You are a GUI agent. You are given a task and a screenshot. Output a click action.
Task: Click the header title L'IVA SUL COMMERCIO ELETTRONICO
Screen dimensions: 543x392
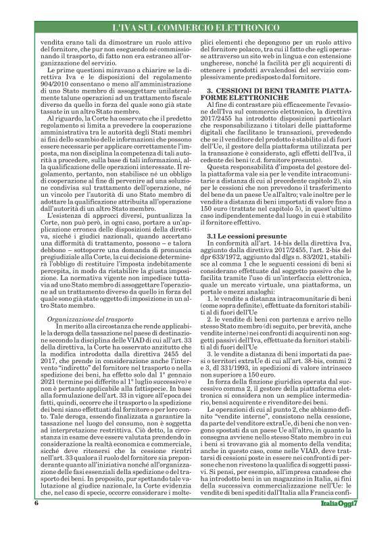(195, 29)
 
